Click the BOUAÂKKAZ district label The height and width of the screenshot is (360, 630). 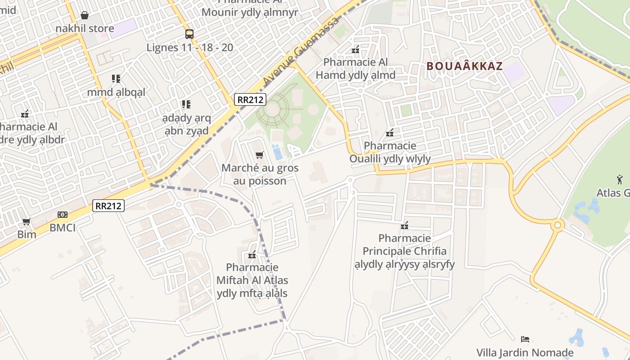464,66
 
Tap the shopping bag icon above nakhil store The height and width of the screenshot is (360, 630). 84,16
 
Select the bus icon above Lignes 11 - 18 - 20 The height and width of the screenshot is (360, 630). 189,34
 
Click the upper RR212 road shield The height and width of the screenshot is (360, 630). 250,99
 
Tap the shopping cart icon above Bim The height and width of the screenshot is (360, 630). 27,221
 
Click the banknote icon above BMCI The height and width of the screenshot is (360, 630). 63,215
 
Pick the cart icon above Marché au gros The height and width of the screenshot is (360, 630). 259,155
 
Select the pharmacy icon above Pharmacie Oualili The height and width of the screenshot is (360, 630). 390,133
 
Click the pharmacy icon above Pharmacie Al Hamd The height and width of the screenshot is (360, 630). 355,49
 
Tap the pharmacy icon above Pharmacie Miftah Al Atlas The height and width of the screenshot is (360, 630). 252,255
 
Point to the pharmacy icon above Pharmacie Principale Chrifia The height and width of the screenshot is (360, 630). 405,225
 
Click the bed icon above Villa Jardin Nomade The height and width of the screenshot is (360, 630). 525,339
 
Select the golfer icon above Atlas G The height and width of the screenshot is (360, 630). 620,180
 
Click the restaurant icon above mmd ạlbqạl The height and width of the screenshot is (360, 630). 116,79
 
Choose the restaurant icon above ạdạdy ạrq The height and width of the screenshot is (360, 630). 186,105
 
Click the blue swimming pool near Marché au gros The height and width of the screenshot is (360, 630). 277,152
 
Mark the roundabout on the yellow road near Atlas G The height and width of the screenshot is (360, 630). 558,224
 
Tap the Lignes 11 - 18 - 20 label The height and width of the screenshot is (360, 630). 190,47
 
